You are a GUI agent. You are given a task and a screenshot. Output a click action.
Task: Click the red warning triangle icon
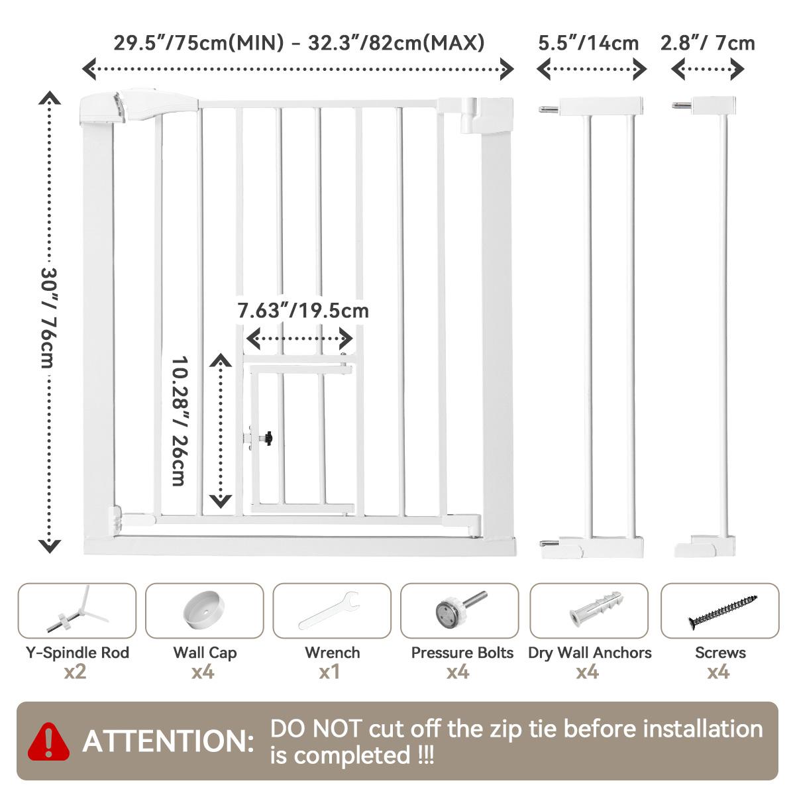pos(48,741)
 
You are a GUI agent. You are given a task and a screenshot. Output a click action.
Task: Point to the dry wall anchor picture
pos(596,609)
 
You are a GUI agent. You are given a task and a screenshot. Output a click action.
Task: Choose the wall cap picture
pos(204,610)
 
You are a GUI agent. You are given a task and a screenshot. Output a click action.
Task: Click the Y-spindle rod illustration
pos(78,609)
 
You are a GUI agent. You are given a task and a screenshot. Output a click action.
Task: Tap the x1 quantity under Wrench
pos(329,672)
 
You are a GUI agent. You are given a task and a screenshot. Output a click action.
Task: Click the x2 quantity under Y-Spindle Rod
pos(75,672)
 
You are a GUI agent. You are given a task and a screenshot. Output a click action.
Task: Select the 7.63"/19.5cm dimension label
pos(303,311)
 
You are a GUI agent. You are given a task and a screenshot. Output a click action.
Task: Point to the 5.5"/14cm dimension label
pos(588,43)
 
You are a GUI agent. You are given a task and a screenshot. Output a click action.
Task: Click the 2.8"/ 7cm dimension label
pos(708,43)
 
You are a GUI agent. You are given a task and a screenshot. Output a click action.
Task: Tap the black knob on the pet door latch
pos(268,438)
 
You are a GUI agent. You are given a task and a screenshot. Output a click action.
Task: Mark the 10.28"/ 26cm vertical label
pos(180,421)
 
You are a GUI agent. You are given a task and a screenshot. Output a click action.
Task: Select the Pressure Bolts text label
pos(462,653)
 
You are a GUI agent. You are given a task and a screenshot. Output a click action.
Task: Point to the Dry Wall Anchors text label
pos(590,653)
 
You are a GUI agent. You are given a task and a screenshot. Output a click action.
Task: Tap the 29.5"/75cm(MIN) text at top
pos(199,43)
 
